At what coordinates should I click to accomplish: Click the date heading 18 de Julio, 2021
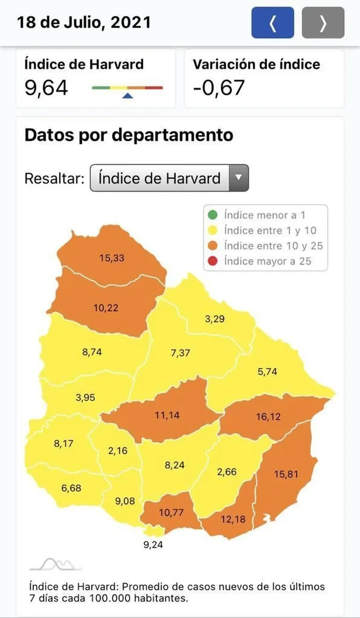coord(84,22)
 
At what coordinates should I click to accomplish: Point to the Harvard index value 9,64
coord(46,88)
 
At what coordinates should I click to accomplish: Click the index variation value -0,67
coord(219,88)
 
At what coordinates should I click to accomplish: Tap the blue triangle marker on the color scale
coord(128,96)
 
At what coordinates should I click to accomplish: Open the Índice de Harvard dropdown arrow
coord(238,178)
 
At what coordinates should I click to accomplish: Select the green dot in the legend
coord(213,215)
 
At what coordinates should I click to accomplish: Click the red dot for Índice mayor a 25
coord(213,261)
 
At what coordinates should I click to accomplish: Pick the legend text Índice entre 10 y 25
coord(273,246)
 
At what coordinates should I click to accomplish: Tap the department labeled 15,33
coord(112,258)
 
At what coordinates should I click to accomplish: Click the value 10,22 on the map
coord(106,308)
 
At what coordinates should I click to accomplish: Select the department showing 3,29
coord(215,319)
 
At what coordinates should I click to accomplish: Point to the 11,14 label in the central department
coord(167,415)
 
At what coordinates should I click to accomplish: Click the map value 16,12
coord(268,417)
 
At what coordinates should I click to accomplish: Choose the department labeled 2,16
coord(118,451)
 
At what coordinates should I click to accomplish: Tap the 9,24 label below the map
coord(153,545)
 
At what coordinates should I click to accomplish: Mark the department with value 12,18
coord(233,519)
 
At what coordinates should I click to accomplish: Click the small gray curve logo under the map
coord(55,565)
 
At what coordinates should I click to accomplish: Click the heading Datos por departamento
coord(129,136)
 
